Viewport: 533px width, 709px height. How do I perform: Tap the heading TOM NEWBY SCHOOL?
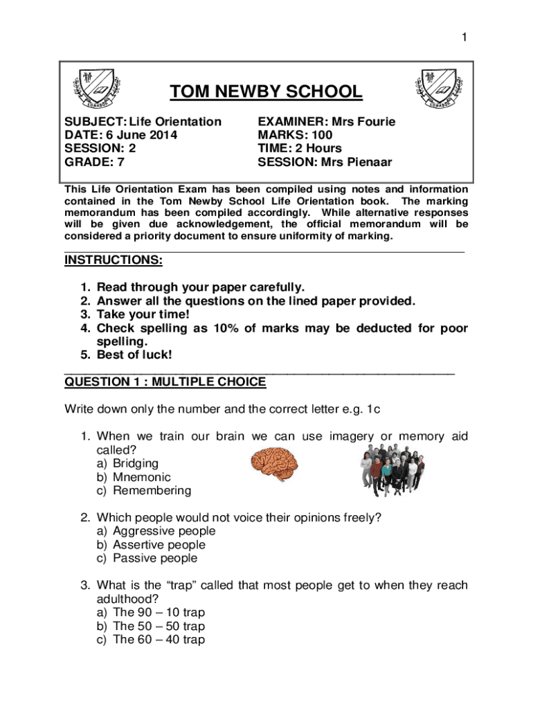point(266,92)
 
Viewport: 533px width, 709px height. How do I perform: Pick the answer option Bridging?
point(136,463)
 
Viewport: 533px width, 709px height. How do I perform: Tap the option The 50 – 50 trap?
point(159,626)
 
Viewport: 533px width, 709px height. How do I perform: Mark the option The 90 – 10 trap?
point(159,613)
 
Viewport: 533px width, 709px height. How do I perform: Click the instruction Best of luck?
point(134,355)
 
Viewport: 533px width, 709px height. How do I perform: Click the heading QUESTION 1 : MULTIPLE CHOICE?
point(165,382)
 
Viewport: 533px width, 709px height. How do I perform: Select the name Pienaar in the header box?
point(366,162)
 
